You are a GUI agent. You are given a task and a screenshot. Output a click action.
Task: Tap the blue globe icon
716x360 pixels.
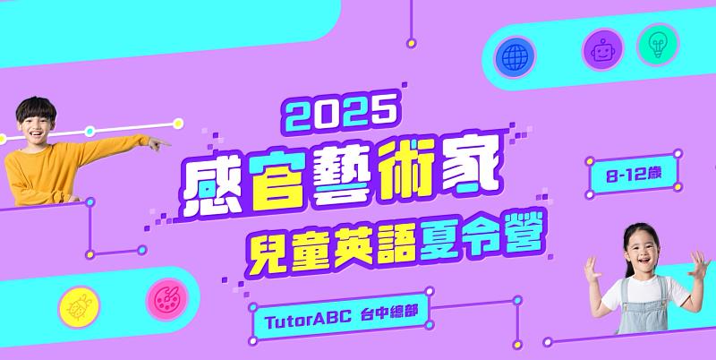coord(514,56)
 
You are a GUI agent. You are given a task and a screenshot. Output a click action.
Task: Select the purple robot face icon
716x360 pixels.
coord(602,49)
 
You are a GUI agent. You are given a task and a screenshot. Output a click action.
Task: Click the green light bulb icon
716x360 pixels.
coord(658,45)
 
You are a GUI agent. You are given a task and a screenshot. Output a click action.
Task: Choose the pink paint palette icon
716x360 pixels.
coord(166,298)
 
